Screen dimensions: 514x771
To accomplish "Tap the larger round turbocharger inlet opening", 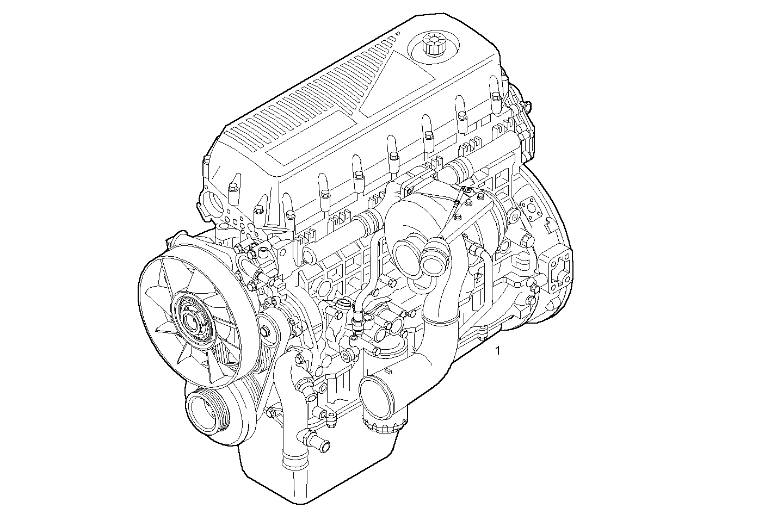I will click(406, 254).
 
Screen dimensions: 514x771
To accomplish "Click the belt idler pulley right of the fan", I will click(266, 331).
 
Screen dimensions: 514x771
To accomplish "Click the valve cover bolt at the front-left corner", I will click(207, 161).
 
